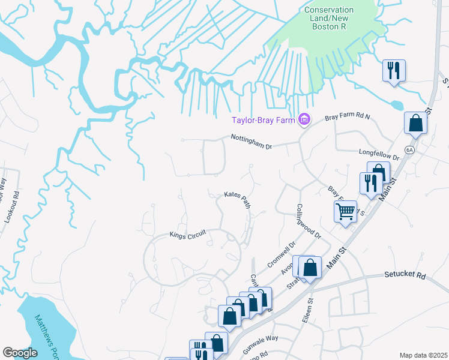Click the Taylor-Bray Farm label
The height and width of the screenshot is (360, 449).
pyautogui.click(x=263, y=120)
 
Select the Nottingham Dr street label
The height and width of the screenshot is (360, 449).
pyautogui.click(x=252, y=142)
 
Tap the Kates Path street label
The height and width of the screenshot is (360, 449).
pyautogui.click(x=237, y=198)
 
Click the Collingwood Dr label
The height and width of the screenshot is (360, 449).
pyautogui.click(x=309, y=221)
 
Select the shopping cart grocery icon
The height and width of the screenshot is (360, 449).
pyautogui.click(x=345, y=211)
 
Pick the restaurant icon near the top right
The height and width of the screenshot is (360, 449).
pyautogui.click(x=394, y=70)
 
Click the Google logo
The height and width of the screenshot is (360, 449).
pyautogui.click(x=19, y=353)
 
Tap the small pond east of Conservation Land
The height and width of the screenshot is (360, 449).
pyautogui.click(x=396, y=105)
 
